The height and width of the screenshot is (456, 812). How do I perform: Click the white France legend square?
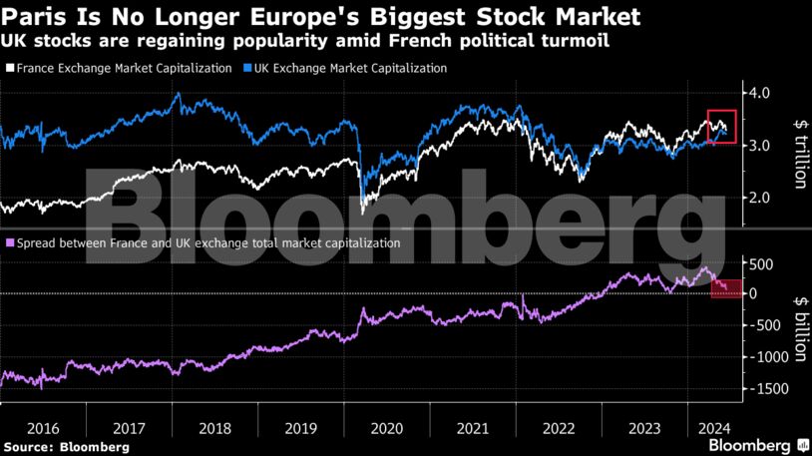click(x=9, y=68)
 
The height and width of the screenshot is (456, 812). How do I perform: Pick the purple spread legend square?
click(x=9, y=242)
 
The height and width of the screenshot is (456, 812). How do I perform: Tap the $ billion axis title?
click(x=799, y=324)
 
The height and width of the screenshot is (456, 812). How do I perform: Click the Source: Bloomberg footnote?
click(x=66, y=447)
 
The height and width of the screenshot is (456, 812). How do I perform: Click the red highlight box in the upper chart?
click(x=721, y=126)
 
